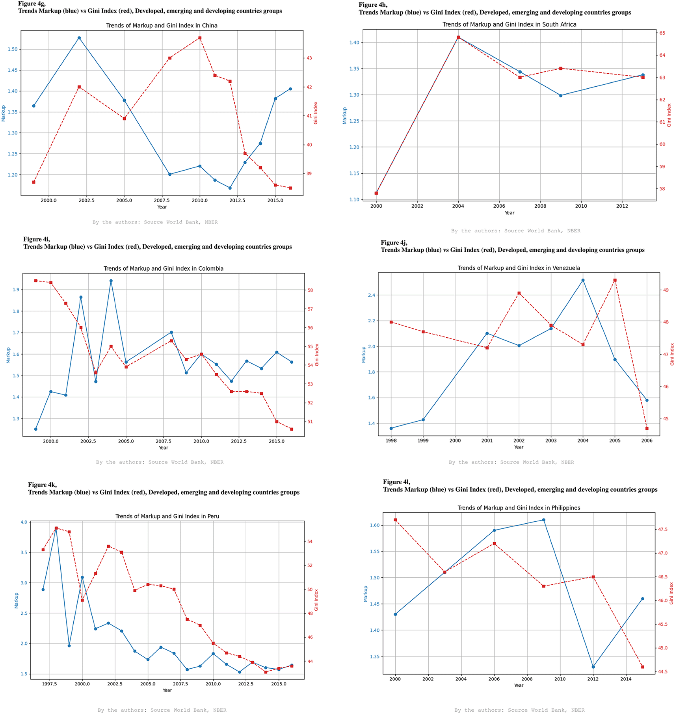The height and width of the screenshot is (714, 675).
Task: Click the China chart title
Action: click(x=162, y=26)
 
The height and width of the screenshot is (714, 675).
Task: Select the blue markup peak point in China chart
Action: click(x=79, y=38)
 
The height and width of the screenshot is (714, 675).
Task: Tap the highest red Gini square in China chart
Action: click(x=200, y=38)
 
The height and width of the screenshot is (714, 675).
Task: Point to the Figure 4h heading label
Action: click(x=373, y=5)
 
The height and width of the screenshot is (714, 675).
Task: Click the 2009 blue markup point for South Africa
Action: click(x=561, y=95)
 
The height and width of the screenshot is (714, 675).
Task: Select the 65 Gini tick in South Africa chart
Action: click(x=662, y=33)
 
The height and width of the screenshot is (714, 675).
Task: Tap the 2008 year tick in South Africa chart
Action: click(x=540, y=206)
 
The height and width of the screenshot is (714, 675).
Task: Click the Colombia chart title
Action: click(x=163, y=269)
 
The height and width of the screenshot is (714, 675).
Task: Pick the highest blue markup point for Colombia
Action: click(x=111, y=281)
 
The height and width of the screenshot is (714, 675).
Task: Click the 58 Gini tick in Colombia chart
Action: click(x=310, y=290)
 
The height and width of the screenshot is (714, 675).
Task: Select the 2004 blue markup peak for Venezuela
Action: click(x=583, y=280)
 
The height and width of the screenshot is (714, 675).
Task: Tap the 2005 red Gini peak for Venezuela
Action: click(x=615, y=281)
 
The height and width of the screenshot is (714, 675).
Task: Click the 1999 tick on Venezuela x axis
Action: click(x=423, y=441)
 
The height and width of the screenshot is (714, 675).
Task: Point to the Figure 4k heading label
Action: click(x=42, y=485)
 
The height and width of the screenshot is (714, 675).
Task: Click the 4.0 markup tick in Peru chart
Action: click(x=24, y=522)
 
